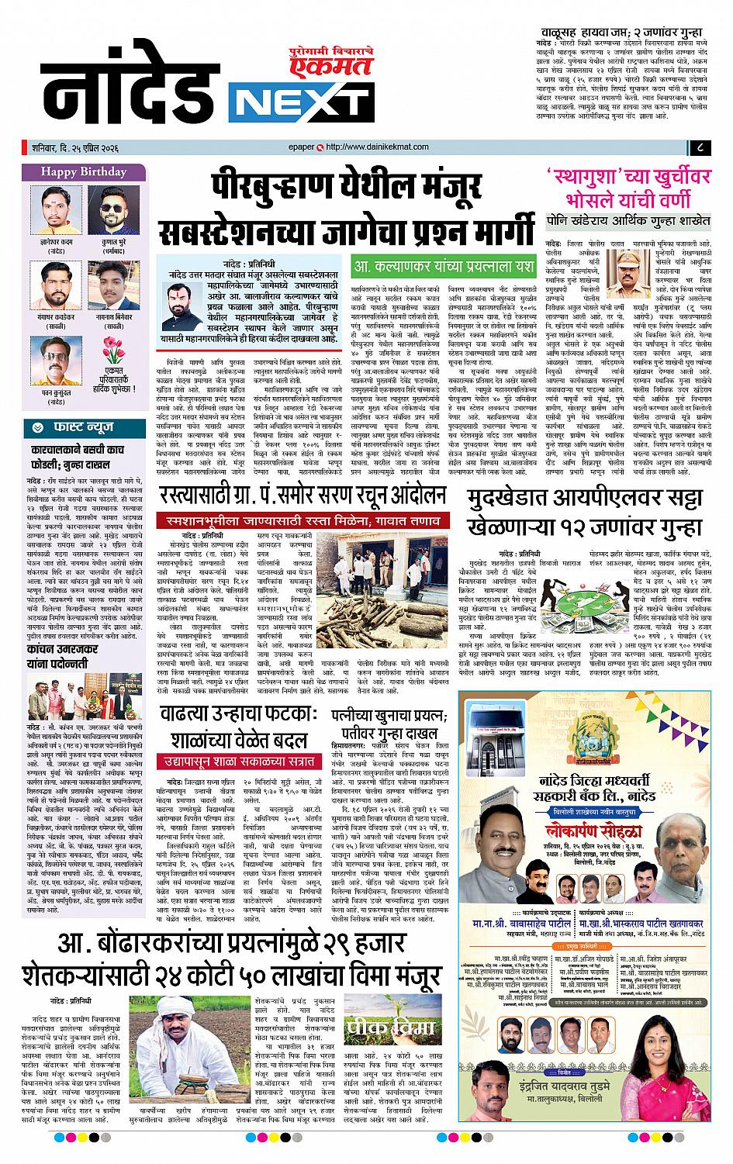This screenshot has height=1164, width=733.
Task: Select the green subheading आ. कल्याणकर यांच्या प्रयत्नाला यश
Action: (x=443, y=266)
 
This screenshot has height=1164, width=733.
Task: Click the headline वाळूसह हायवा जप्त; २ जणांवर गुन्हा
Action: (x=632, y=33)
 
